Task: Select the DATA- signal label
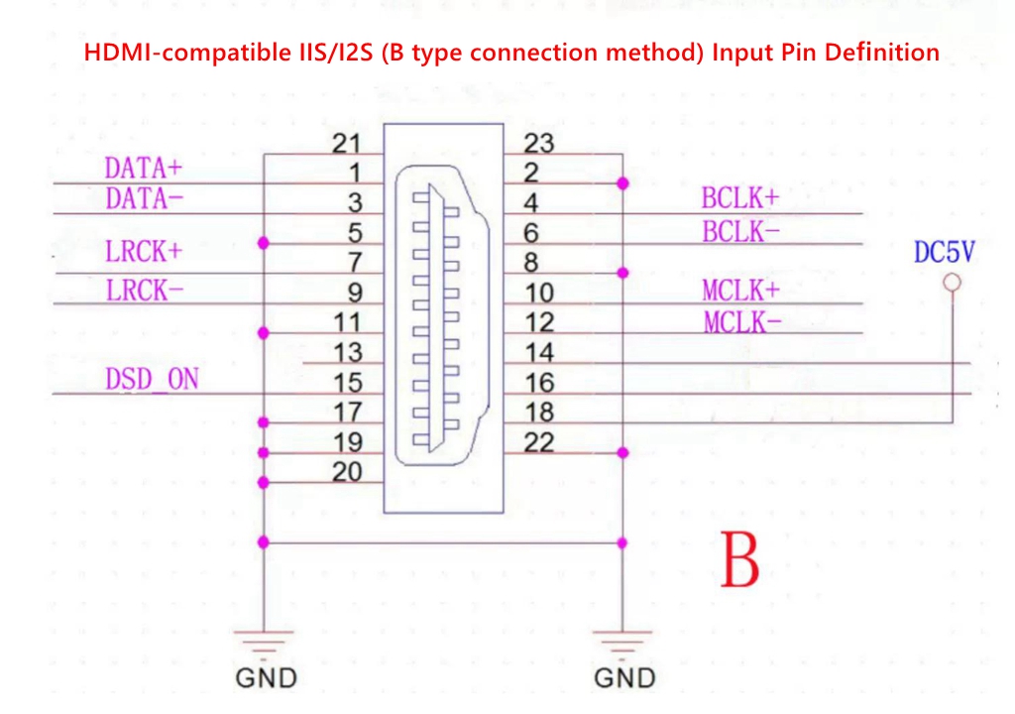click(x=144, y=199)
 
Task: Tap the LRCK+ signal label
click(x=144, y=251)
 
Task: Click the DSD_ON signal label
click(x=152, y=379)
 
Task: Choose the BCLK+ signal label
click(x=740, y=197)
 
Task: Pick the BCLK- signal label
click(x=740, y=232)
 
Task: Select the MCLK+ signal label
click(x=741, y=291)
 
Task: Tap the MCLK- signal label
click(x=741, y=322)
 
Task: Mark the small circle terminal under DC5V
click(x=952, y=283)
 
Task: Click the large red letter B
click(x=739, y=560)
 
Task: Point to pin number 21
click(x=346, y=144)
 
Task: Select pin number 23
click(x=538, y=144)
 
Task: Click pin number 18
click(x=538, y=412)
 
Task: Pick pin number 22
click(x=538, y=441)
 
